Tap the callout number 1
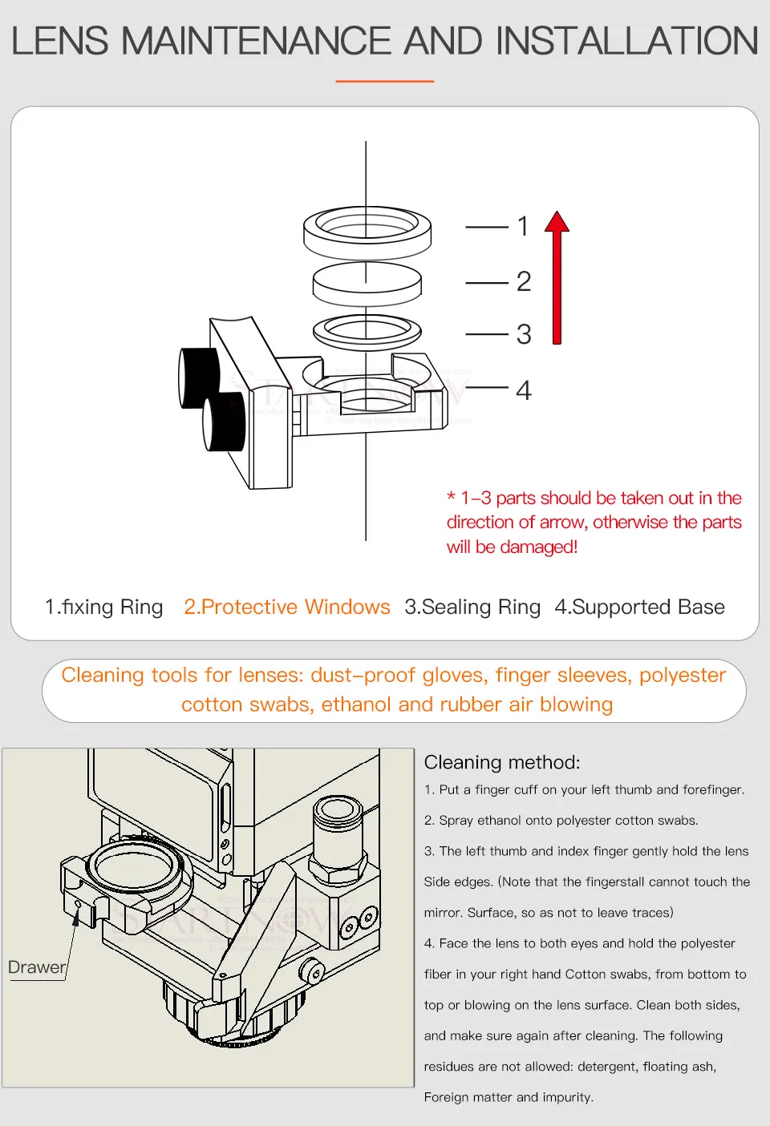523,227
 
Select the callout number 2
524,282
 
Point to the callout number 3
524,334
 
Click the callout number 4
524,390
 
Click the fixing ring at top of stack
367,232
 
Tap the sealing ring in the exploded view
367,331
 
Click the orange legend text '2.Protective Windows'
287,607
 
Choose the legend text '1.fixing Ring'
104,607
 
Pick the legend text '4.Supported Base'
639,607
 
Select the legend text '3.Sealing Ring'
472,607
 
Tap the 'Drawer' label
37,967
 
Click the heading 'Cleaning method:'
502,762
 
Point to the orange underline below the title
385,81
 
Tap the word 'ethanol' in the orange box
357,704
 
